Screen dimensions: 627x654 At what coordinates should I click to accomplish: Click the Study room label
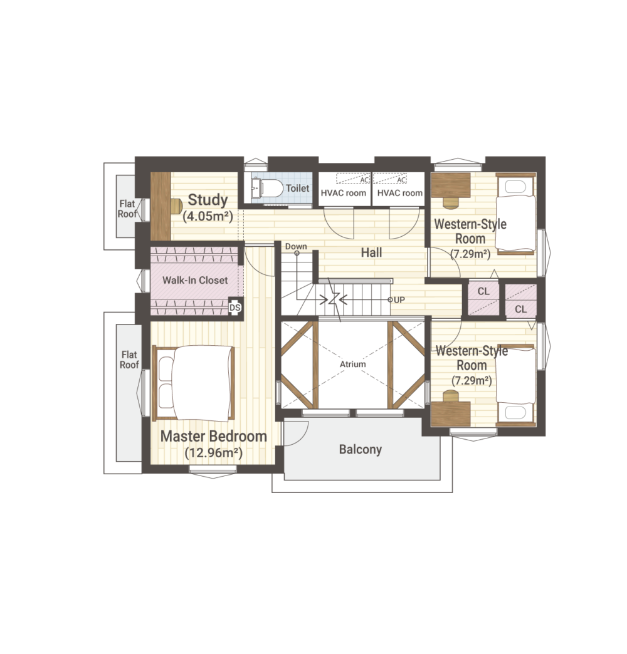tap(208, 200)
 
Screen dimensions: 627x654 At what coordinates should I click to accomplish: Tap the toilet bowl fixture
tap(273, 189)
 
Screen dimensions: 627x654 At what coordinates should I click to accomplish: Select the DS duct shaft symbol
tap(235, 308)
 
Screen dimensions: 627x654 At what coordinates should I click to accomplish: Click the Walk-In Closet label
tap(195, 280)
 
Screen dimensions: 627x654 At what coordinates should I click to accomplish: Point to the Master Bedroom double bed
tap(194, 383)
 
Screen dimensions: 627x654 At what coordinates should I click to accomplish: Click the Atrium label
tap(353, 364)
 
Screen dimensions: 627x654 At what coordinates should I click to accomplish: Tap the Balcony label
tap(361, 449)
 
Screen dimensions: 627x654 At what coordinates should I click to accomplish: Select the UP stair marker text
tap(399, 300)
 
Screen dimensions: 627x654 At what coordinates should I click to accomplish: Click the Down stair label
tap(296, 246)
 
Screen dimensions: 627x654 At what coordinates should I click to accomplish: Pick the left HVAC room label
tap(343, 193)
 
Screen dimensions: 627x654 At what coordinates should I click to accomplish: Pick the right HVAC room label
tap(400, 193)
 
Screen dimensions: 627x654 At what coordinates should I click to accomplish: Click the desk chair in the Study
tap(177, 205)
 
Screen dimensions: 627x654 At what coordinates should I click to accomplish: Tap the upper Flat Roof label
tap(127, 209)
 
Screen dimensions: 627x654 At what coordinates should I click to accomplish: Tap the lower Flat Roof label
tap(129, 360)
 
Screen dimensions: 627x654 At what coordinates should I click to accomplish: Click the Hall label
tap(372, 252)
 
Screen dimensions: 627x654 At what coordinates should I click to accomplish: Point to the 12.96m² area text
tap(213, 453)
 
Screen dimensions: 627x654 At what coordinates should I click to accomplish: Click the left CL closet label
tap(483, 291)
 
